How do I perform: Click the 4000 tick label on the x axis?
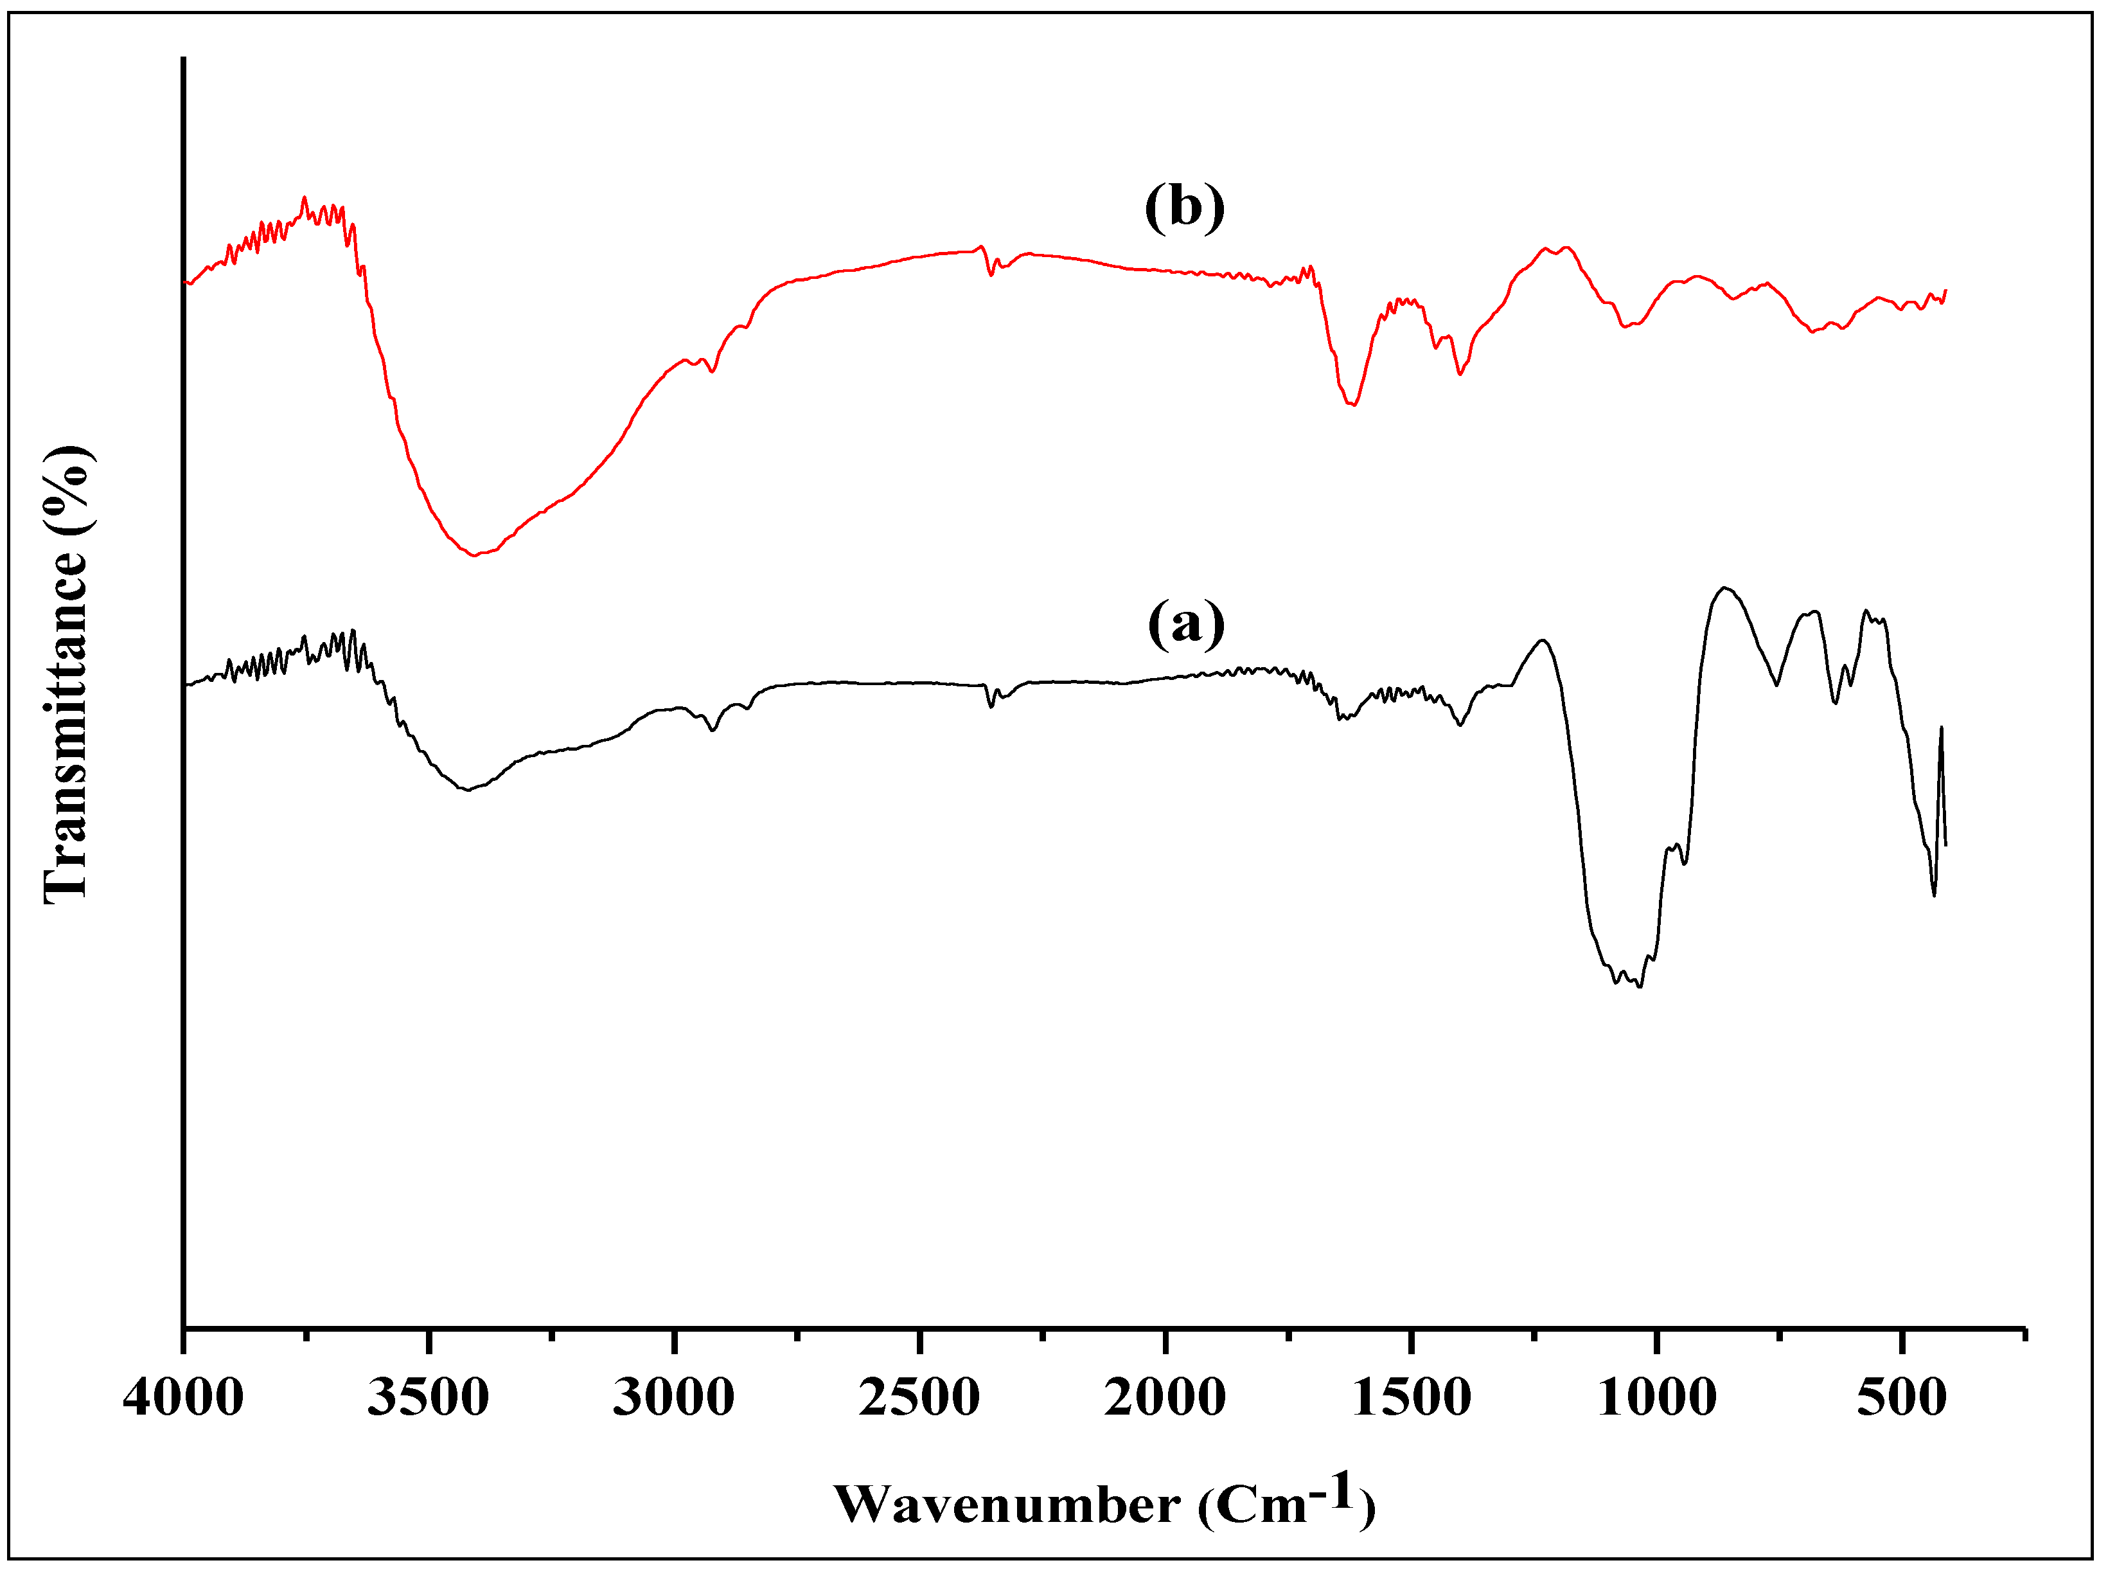coord(183,1399)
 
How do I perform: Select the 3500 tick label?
coord(429,1399)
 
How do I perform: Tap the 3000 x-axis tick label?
coord(673,1399)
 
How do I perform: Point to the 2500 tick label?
coord(919,1399)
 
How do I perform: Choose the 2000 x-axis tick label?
coord(1165,1399)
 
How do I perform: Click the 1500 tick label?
coord(1411,1399)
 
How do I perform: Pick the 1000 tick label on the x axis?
coord(1658,1399)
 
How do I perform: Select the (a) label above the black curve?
coord(1186,624)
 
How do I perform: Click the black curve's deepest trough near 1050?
coord(1638,986)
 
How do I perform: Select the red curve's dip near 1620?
coord(1352,405)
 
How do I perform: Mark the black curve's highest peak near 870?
coord(1724,588)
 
